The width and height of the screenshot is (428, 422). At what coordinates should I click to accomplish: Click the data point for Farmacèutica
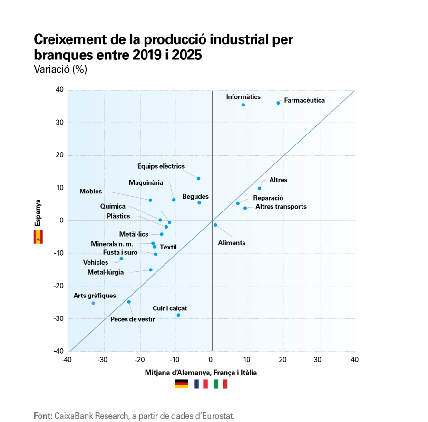point(278,103)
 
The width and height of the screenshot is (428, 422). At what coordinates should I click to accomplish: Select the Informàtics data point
point(243,105)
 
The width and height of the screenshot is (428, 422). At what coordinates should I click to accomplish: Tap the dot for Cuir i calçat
point(178,315)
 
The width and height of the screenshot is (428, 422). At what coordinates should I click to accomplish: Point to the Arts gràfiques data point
point(93,303)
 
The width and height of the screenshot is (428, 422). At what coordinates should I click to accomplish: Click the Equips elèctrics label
point(161,166)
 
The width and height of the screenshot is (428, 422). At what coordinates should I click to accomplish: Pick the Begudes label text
point(195,196)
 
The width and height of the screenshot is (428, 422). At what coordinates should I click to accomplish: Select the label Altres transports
point(281,207)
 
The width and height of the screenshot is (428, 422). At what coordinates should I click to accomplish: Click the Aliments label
point(232,243)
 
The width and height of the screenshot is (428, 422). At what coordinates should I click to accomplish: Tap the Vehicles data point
point(121,259)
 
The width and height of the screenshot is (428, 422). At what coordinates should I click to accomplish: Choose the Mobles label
point(91,191)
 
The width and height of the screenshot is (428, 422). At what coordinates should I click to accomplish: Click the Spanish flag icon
point(38,237)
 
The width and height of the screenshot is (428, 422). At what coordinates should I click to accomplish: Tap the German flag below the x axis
point(181,384)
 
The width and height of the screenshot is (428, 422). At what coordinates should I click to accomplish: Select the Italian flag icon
point(221,384)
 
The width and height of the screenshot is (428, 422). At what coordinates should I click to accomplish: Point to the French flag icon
point(201,384)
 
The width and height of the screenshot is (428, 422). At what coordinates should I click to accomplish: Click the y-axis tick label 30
point(59,123)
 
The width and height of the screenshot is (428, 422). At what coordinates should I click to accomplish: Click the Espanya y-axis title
point(38,212)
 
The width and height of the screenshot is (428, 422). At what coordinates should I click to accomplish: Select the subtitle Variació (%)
point(60,69)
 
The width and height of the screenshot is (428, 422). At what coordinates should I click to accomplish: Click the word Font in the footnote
point(42,416)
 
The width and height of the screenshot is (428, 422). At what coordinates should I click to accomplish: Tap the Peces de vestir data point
point(129,302)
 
